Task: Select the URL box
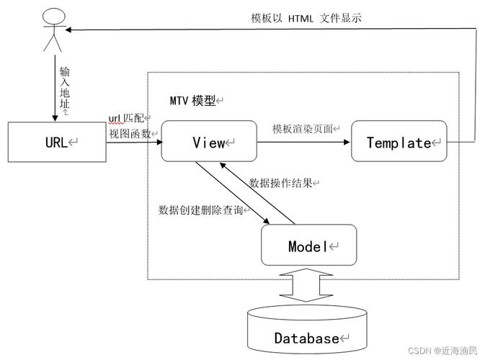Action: click(56, 142)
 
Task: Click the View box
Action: click(208, 142)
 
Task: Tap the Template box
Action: click(399, 142)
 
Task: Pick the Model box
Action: click(308, 246)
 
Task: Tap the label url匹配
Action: click(127, 117)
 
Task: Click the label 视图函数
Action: click(130, 133)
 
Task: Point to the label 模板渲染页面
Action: click(303, 128)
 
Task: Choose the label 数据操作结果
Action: click(281, 183)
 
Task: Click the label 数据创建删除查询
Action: click(201, 210)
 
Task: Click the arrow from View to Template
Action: click(303, 142)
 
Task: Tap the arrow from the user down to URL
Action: click(52, 86)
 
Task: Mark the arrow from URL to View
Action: click(133, 142)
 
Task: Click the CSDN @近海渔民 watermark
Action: click(442, 350)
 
